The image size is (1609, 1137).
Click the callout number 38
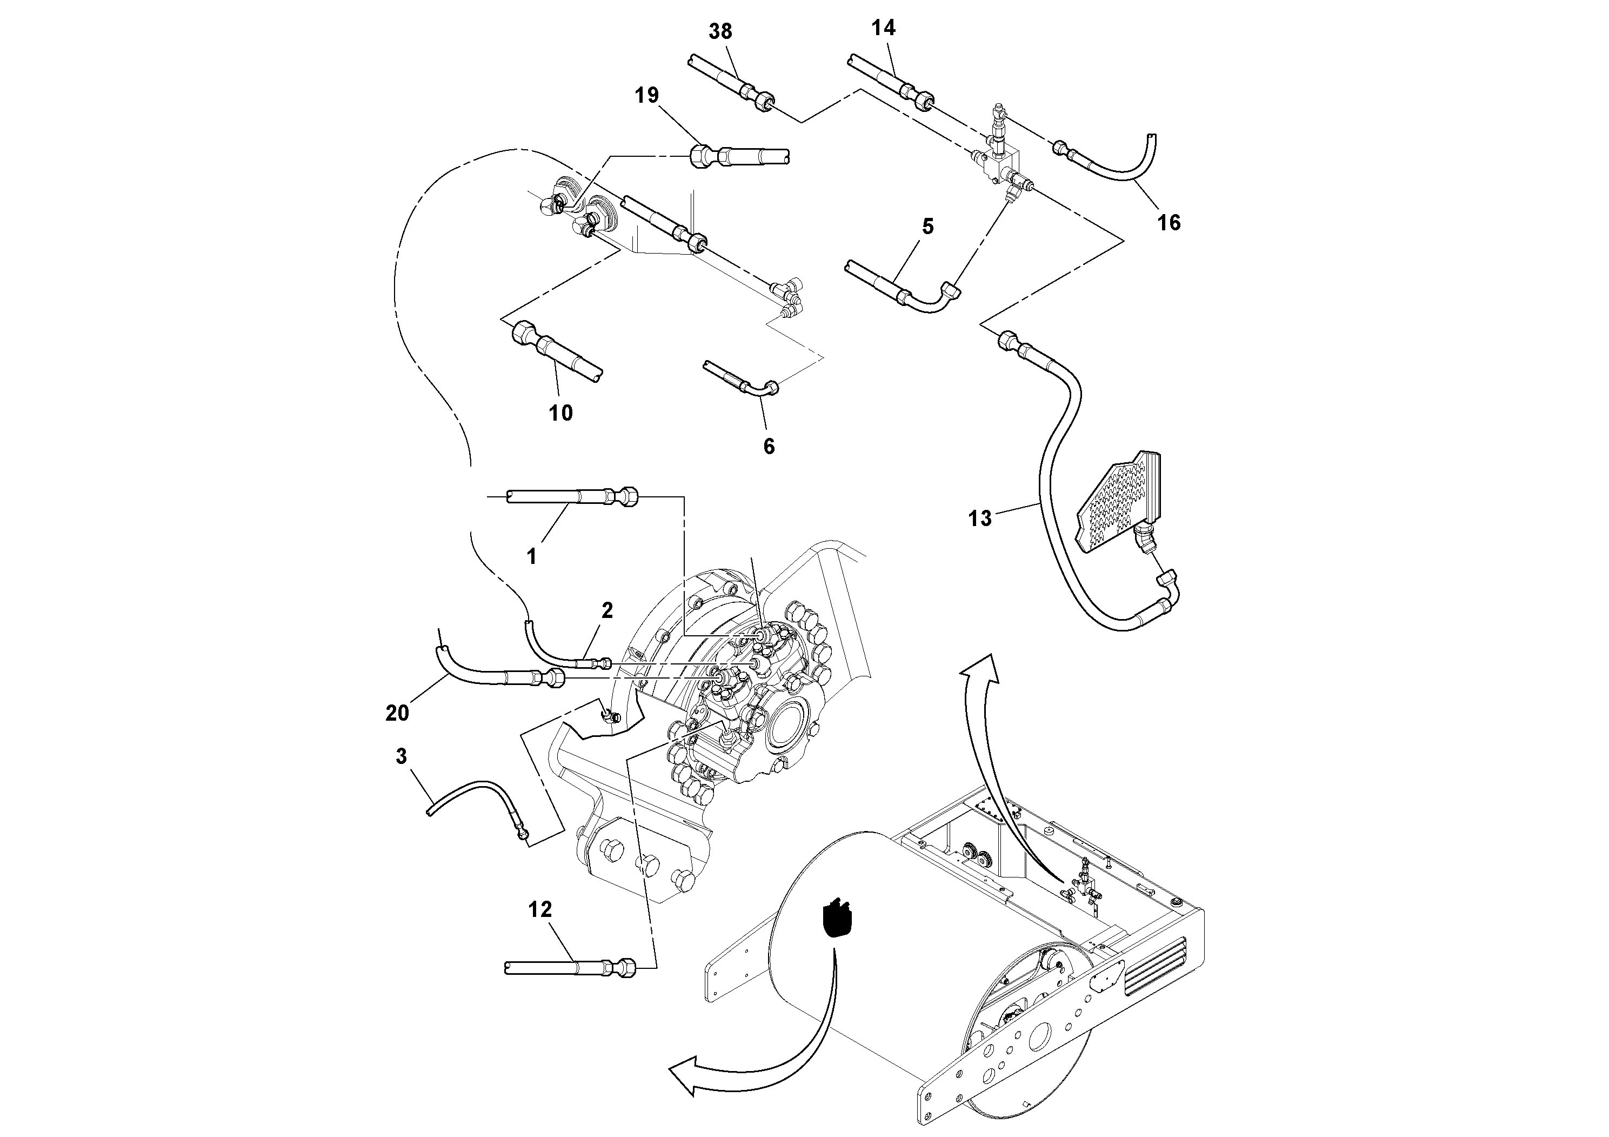click(720, 31)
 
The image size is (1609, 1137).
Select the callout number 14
click(884, 28)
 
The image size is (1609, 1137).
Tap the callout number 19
click(647, 95)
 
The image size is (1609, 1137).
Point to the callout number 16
click(1168, 223)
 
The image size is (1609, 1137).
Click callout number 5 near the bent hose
click(928, 227)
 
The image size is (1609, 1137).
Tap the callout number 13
click(980, 518)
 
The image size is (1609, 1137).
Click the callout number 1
click(532, 556)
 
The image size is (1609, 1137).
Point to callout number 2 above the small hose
click(607, 610)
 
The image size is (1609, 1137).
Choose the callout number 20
click(397, 713)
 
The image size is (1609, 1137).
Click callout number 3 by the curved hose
click(402, 756)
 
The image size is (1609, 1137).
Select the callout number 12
click(540, 909)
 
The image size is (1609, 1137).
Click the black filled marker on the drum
click(837, 918)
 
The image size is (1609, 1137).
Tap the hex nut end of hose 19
click(701, 155)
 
